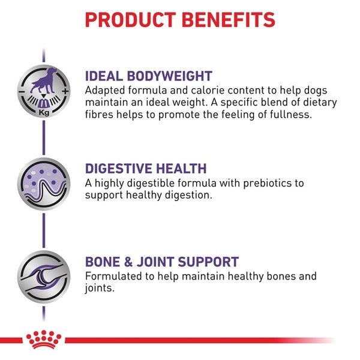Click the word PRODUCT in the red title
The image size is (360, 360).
(x=131, y=20)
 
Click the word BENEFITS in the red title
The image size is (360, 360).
(x=229, y=20)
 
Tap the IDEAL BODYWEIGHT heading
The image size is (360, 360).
(x=149, y=76)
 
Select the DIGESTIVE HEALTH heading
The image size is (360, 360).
(x=146, y=168)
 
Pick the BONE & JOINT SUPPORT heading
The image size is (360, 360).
(x=162, y=262)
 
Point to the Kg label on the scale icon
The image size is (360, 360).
(x=44, y=113)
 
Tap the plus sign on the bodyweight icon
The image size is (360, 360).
(x=65, y=91)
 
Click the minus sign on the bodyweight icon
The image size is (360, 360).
(x=22, y=92)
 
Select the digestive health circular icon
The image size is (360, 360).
(x=44, y=184)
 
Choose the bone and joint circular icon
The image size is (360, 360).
(x=44, y=277)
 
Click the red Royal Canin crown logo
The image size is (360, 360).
(x=44, y=340)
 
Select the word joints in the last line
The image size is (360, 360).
(x=100, y=288)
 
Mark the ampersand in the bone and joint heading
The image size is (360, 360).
(x=128, y=262)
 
